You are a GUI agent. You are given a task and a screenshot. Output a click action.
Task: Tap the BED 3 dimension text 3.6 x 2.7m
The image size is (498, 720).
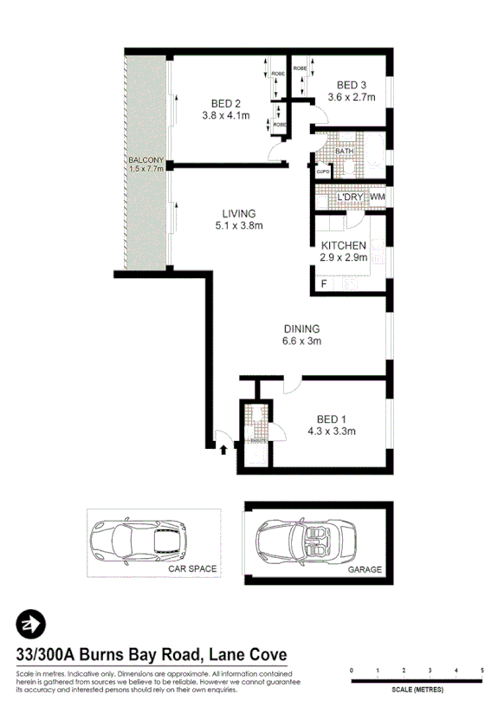point(352,97)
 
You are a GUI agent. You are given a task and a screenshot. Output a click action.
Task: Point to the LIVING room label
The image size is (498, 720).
point(239,213)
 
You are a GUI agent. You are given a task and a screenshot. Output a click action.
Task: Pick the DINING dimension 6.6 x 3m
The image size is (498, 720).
point(301,341)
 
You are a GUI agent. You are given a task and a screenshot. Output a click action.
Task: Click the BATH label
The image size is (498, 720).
point(345,152)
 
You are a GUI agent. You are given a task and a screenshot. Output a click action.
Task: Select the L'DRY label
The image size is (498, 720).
point(349,198)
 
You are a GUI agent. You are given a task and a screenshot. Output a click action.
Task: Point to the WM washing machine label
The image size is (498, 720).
point(377,198)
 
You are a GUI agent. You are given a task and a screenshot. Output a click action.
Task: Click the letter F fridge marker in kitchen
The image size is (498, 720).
point(324,284)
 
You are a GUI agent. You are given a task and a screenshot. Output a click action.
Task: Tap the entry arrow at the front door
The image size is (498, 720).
point(223,448)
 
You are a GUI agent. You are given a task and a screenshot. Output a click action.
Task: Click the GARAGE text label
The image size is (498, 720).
point(365,571)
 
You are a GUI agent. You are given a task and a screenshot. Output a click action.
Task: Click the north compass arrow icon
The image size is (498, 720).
point(32,625)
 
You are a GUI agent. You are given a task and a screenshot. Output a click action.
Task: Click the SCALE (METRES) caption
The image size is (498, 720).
point(417,690)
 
